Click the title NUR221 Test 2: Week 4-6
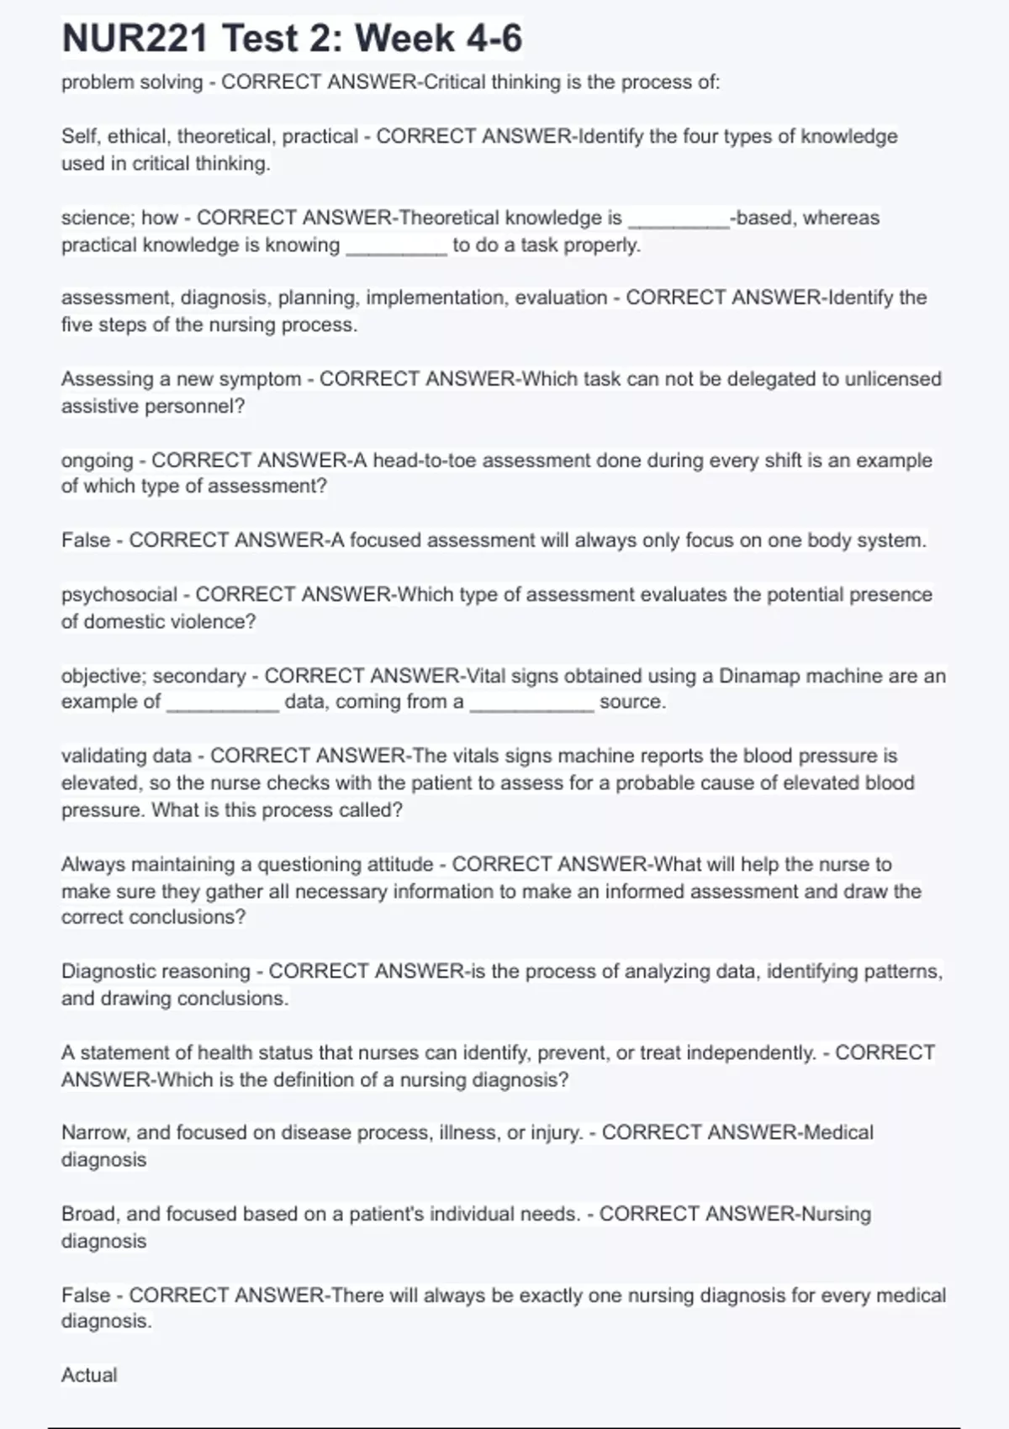tap(292, 39)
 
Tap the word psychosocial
tap(119, 594)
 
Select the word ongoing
tap(97, 461)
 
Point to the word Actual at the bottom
tap(89, 1375)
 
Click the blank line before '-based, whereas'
tap(679, 224)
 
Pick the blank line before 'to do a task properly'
tap(396, 250)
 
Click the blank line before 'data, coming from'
tap(223, 708)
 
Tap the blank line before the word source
tap(531, 708)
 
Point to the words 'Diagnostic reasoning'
tap(156, 972)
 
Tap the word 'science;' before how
tap(94, 218)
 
